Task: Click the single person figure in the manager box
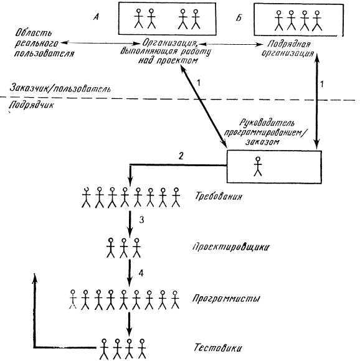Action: (x=257, y=167)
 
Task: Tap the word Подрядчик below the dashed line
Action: (x=33, y=106)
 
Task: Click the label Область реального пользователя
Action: (x=42, y=42)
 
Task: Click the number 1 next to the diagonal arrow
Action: (x=198, y=82)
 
